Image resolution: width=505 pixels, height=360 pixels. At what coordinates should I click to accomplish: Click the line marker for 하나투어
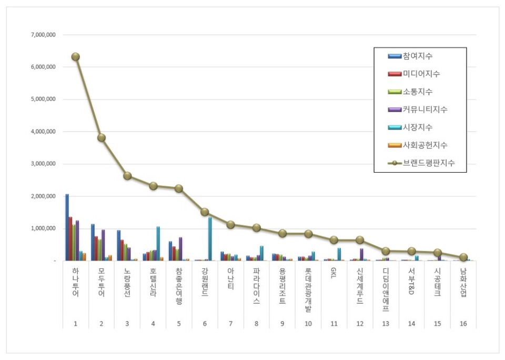(75, 57)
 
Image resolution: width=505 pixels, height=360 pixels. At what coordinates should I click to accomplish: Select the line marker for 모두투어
(101, 138)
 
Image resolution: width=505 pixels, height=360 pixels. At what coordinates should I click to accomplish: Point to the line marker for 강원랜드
(205, 212)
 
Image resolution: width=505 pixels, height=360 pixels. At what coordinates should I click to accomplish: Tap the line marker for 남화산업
(463, 257)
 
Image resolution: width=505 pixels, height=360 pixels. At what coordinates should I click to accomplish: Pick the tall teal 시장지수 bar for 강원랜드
(210, 239)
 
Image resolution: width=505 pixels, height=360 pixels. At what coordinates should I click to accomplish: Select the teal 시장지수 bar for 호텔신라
(158, 244)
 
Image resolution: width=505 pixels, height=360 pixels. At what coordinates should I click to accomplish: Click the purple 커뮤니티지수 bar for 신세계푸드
(361, 255)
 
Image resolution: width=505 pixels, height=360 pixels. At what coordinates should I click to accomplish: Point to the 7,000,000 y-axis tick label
(46, 35)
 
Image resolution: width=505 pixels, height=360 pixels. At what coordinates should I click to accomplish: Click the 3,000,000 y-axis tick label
(46, 164)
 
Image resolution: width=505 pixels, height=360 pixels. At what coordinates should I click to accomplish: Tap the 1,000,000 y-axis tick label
(46, 229)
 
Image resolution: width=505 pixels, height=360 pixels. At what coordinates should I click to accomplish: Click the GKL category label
(334, 274)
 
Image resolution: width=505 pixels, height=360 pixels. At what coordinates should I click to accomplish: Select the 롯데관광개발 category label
(308, 289)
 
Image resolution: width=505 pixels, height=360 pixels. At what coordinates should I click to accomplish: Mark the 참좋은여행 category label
(179, 286)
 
